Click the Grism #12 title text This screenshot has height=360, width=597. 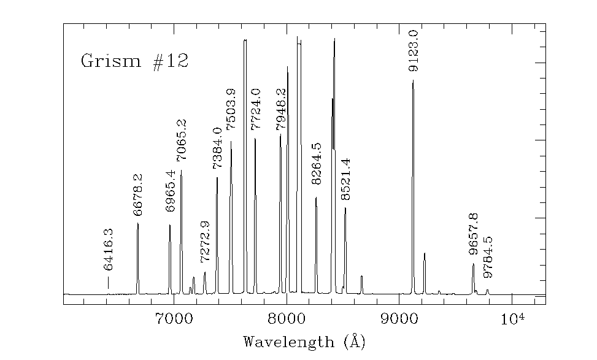coord(134,61)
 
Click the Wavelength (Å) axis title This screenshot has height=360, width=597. coord(304,341)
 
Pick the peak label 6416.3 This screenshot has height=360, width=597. coord(108,250)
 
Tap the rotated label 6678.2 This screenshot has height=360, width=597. coord(137,195)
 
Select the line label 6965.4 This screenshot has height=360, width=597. coord(171,191)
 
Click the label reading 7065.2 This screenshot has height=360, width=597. coord(182,140)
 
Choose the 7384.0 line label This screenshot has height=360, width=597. coord(217,148)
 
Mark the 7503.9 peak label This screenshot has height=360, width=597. coord(231,109)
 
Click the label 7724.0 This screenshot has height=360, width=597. coord(256,109)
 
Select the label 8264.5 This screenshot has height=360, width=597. coord(316,163)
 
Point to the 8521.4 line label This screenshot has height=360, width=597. coord(345,179)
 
